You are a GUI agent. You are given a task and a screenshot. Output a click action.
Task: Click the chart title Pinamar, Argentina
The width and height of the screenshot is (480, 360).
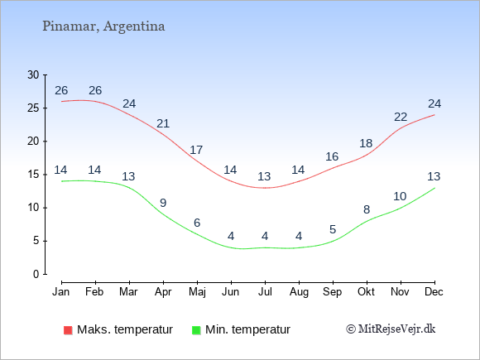coord(103,26)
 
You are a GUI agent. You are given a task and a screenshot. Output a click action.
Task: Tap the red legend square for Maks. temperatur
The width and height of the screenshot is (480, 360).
coord(68,330)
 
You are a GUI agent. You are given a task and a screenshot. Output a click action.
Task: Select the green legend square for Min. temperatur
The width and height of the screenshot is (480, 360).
coord(196,330)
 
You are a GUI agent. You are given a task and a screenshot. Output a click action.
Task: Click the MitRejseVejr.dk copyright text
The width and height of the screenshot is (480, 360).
coord(391,329)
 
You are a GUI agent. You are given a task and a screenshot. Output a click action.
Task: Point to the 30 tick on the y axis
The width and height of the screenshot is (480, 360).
coord(33,74)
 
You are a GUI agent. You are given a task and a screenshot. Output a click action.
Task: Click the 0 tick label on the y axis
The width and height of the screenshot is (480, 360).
coord(36,274)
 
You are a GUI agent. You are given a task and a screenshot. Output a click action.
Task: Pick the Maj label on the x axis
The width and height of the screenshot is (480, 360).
coord(197,292)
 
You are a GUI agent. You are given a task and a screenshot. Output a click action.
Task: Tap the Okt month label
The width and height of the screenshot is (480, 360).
coord(366,292)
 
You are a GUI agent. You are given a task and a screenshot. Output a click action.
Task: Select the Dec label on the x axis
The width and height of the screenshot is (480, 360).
coord(434,292)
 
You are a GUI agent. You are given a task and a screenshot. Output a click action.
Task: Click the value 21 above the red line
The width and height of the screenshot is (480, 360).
coord(163,123)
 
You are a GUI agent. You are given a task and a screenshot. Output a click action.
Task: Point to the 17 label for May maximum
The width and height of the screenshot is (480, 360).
coord(196,150)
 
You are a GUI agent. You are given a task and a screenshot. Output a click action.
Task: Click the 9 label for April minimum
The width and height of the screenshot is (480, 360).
coord(163,203)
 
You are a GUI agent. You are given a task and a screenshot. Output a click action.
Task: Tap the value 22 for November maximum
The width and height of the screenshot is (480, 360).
coord(401,117)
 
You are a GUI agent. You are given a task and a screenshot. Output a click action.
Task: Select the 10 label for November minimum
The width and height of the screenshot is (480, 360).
coord(400,196)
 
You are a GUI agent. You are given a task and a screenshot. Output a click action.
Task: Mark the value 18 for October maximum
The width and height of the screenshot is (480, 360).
coord(366,143)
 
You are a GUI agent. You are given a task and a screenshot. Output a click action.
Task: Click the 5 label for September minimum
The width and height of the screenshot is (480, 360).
coord(333,229)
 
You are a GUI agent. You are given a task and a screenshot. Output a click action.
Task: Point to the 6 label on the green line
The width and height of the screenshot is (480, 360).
coord(197,223)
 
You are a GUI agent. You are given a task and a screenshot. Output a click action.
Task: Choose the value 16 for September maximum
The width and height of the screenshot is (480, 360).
coord(332,156)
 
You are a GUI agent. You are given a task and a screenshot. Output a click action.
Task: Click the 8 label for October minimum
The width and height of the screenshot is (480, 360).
coord(367,209)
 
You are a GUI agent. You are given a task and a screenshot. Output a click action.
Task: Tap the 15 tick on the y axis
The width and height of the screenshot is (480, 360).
coord(33,175)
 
